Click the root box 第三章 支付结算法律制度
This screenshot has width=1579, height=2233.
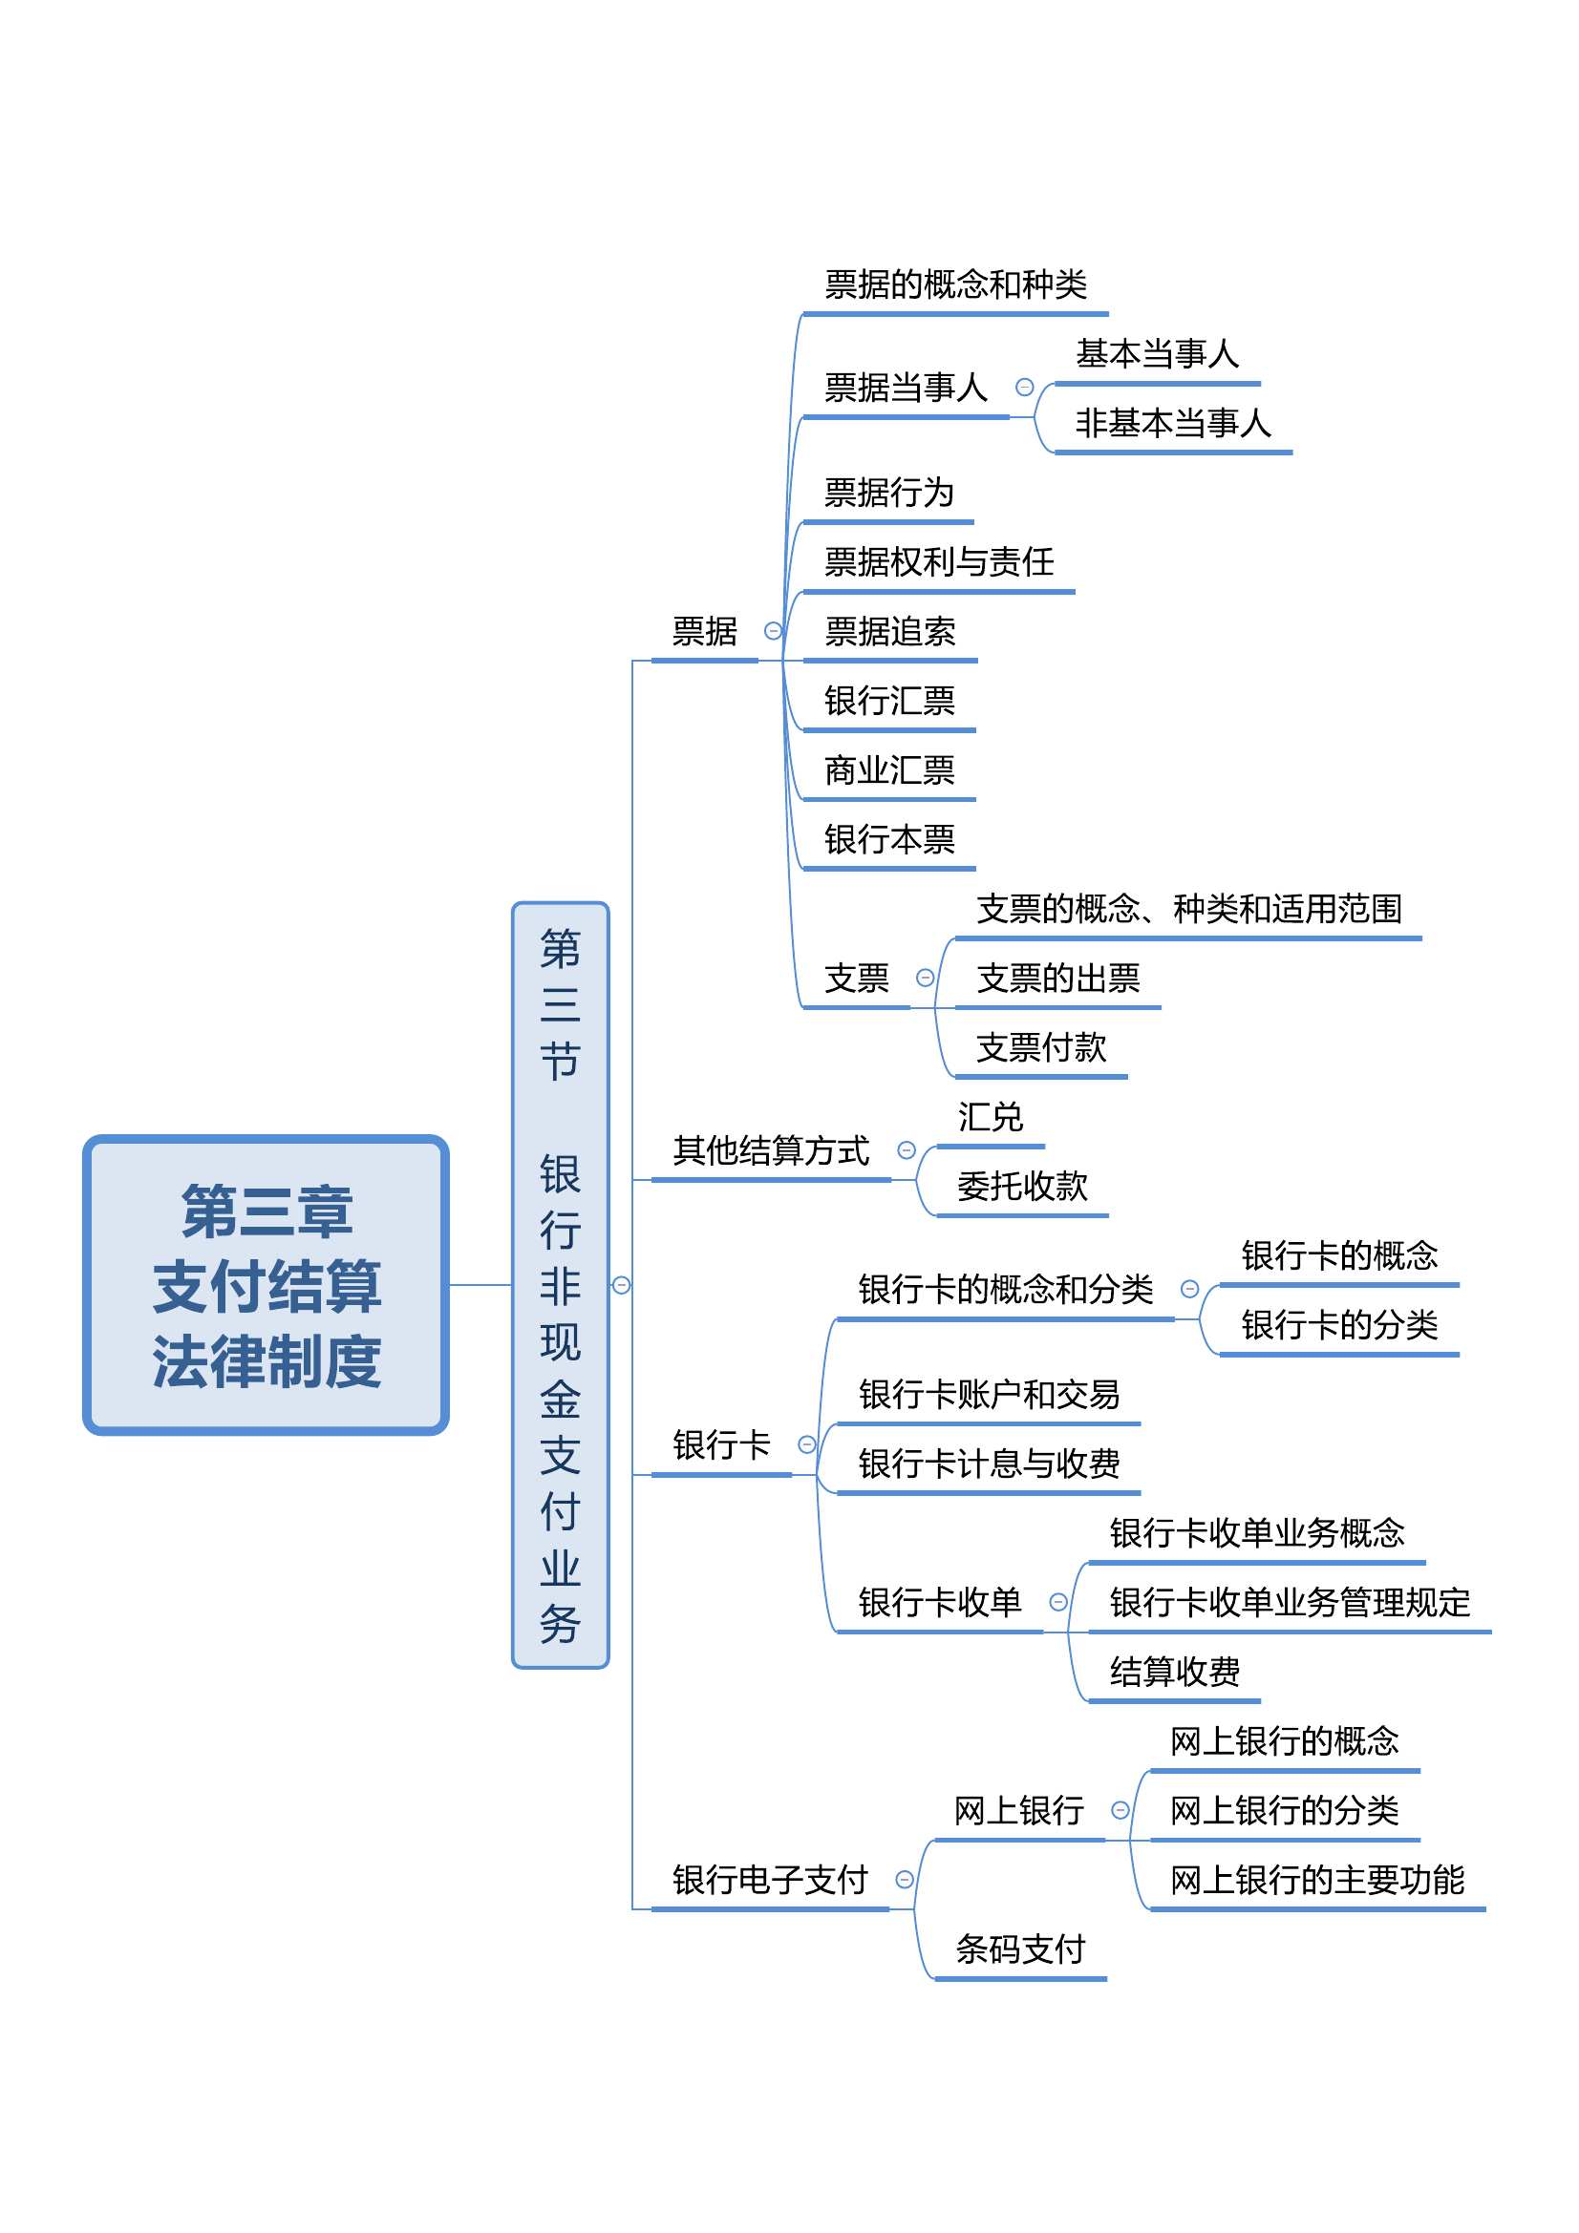coord(266,1284)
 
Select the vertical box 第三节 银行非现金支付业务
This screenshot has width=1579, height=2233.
coord(561,1284)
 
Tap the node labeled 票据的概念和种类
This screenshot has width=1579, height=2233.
coord(955,284)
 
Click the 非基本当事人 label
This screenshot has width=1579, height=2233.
coord(1172,423)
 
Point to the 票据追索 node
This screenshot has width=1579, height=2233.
coord(889,631)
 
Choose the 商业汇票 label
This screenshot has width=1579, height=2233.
coord(889,770)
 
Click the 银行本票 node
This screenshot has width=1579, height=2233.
coord(889,839)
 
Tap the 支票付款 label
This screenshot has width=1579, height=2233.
coord(1041,1047)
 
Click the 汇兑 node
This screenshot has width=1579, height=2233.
coord(990,1117)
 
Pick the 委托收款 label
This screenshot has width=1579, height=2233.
coord(1021,1186)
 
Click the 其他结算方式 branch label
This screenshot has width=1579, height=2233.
coord(771,1150)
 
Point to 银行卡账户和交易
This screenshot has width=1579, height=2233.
coord(989,1394)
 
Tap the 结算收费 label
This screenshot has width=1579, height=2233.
coord(1174,1671)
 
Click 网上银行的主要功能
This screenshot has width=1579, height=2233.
coord(1316,1879)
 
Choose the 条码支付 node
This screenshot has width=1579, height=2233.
coord(1019,1949)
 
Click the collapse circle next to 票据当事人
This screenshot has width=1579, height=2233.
coord(1024,387)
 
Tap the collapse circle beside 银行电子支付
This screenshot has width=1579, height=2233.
coord(904,1879)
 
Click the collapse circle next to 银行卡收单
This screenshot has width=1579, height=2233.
coord(1058,1602)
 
